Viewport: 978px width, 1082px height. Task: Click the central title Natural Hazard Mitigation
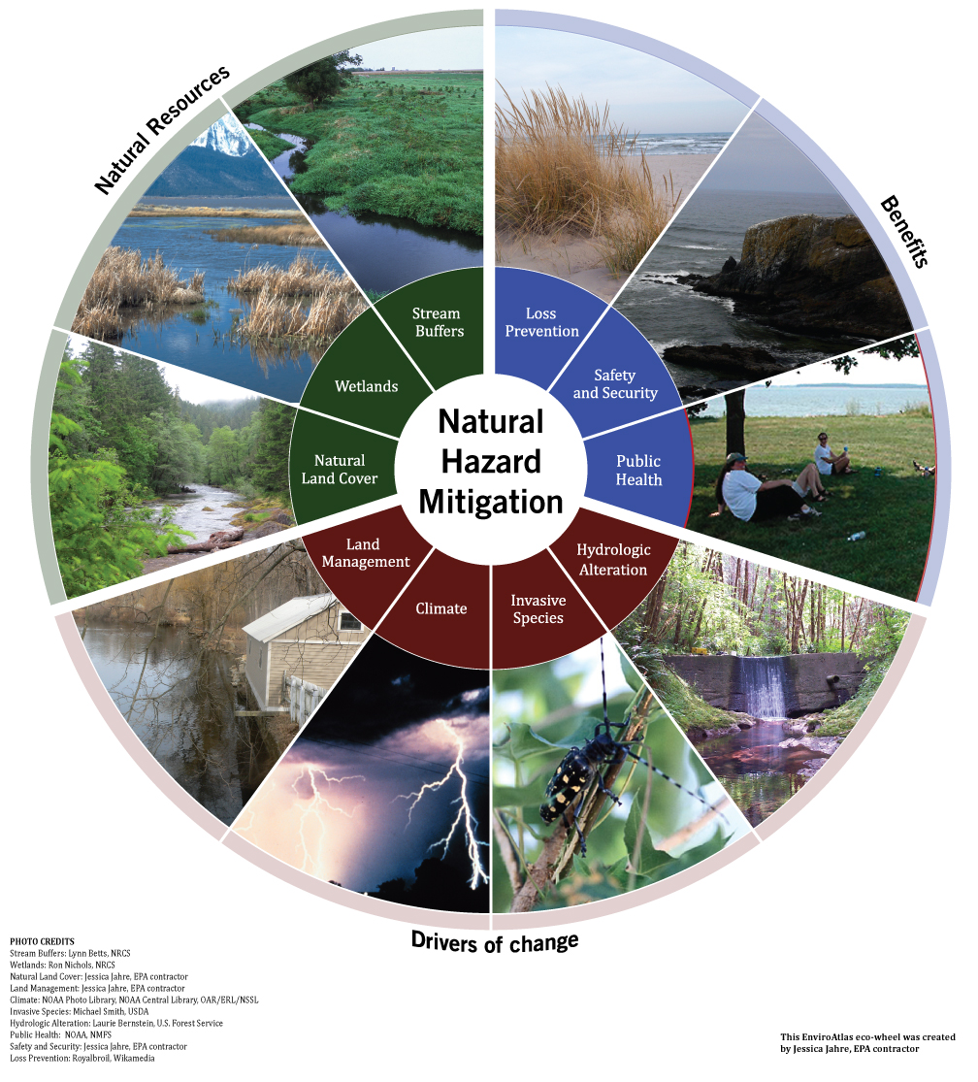point(490,462)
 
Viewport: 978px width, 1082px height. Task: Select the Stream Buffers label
point(438,322)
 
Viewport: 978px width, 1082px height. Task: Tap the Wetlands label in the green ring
point(366,386)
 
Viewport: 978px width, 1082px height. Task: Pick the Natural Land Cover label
point(340,470)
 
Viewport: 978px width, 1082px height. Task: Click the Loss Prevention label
point(541,322)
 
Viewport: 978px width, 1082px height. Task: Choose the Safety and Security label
point(615,383)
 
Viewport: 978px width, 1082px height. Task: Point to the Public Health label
point(638,470)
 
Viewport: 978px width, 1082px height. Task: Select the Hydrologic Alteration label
point(613,560)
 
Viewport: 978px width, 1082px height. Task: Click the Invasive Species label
point(538,609)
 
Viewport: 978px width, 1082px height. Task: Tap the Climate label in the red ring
point(441,608)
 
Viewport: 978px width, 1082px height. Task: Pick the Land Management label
point(366,553)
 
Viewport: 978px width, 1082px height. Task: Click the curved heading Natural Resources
point(161,129)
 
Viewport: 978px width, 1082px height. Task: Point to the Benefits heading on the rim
point(904,231)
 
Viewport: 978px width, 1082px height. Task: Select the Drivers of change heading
point(495,942)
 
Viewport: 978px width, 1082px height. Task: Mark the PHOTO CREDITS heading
point(42,941)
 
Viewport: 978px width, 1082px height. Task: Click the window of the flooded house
point(351,622)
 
